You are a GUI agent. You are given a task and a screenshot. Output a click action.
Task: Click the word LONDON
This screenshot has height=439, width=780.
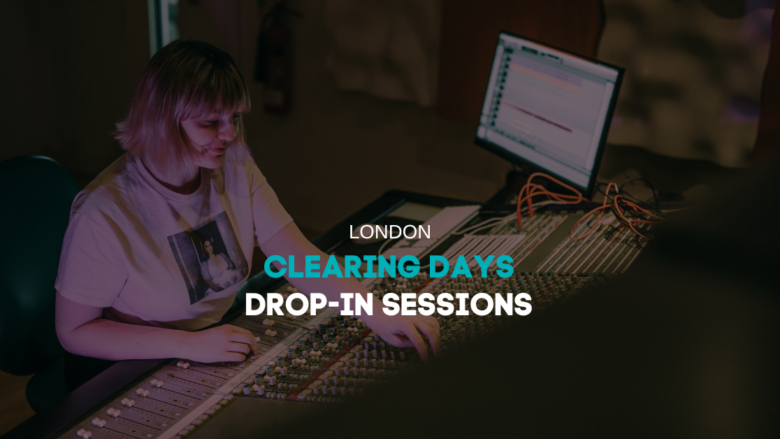389,232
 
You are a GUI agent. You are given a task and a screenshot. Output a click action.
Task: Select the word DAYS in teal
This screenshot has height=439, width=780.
471,267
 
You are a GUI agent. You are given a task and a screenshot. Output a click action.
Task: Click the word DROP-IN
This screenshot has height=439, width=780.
309,304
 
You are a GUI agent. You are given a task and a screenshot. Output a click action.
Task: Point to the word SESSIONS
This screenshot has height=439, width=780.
457,304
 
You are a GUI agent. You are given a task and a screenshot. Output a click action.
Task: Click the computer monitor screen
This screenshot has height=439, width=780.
547,110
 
